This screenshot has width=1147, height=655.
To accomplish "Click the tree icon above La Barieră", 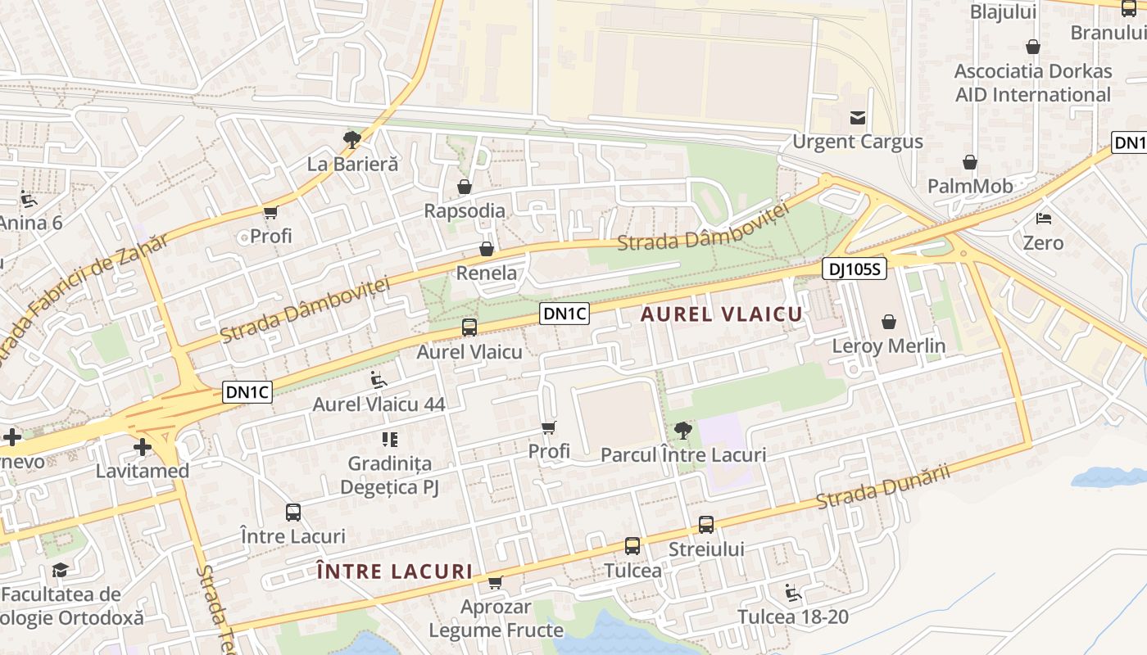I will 352,139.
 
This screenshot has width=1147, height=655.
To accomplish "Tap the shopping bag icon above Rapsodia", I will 465,187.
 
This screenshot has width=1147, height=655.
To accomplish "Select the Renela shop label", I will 487,273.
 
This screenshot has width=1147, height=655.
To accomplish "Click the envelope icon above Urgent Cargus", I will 858,118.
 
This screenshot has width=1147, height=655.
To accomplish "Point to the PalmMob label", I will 970,186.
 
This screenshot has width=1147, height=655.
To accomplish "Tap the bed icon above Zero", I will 1044,219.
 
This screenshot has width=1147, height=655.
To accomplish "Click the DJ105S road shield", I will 855,269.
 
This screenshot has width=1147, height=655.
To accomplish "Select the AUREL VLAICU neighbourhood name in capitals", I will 722,314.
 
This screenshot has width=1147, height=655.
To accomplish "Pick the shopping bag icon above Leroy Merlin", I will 889,322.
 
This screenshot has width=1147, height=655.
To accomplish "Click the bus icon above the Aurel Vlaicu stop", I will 469,327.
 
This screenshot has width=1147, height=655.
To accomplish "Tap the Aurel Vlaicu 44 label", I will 379,404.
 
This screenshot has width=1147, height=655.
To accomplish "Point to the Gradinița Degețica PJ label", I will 390,476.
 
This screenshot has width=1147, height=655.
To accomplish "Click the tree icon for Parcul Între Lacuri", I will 682,430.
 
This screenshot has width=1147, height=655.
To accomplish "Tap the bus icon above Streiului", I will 706,525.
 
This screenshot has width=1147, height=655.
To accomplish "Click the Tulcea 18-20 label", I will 792,617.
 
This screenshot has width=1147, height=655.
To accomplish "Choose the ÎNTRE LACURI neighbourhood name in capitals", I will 394,571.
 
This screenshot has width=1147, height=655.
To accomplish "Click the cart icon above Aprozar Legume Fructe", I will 495,583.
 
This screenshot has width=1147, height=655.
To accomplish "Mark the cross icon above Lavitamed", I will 143,447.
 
